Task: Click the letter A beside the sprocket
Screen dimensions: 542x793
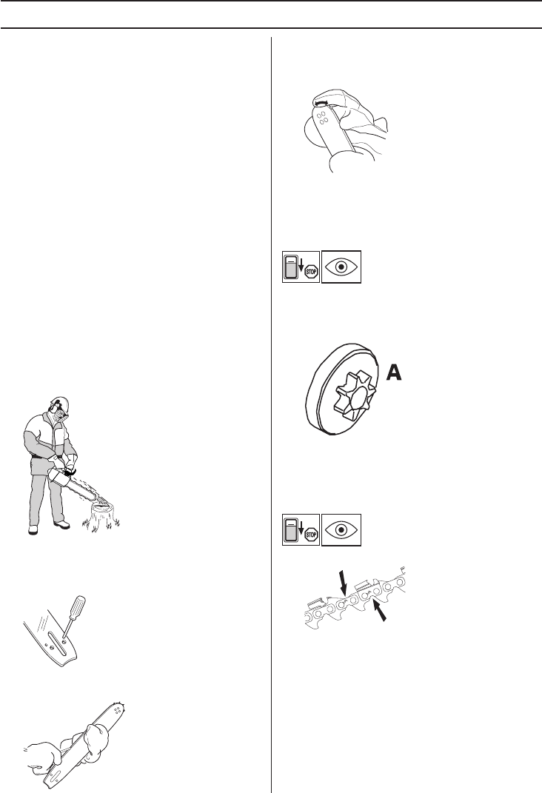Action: [394, 373]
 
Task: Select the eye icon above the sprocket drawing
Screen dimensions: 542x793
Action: [341, 267]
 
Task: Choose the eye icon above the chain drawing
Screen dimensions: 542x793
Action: [341, 529]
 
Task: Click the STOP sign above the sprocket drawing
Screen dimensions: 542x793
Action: [312, 273]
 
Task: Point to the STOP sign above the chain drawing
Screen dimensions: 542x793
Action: [312, 535]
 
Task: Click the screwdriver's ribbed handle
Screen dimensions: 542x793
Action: [78, 606]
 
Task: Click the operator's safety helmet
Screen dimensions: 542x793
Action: [59, 402]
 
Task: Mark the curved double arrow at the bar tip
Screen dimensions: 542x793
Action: [320, 103]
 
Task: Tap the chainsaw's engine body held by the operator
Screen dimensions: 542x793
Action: [60, 478]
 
